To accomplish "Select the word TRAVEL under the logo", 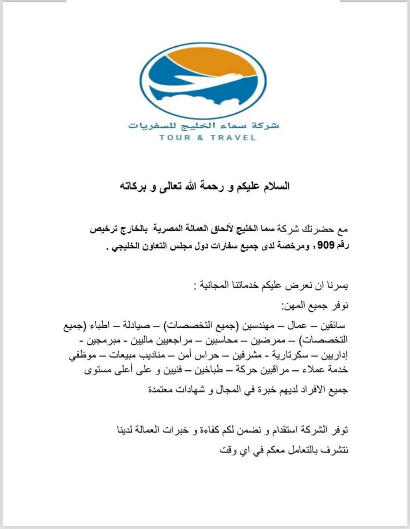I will pyautogui.click(x=233, y=137).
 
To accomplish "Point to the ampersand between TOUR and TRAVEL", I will pyautogui.click(x=200, y=137).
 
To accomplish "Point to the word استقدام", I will pyautogui.click(x=287, y=430).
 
